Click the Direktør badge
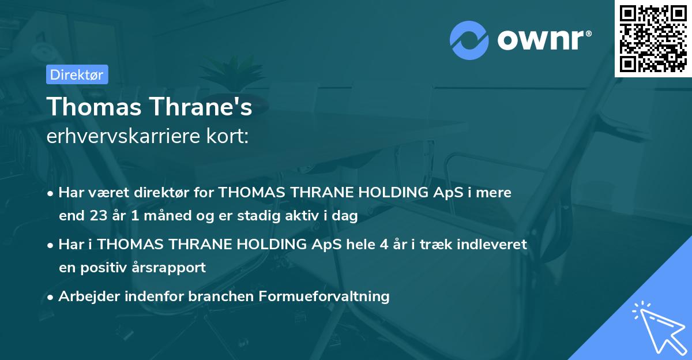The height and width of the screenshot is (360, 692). pyautogui.click(x=77, y=74)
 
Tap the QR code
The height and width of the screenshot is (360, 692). pyautogui.click(x=653, y=38)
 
